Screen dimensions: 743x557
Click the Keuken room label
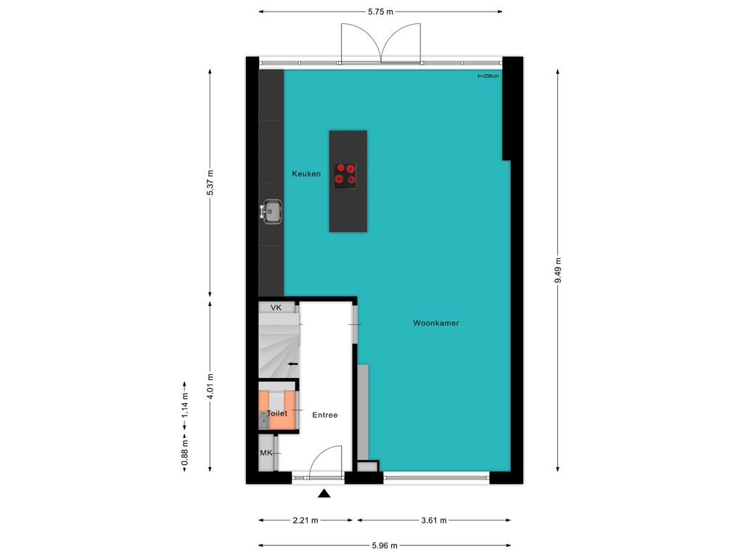tap(306, 174)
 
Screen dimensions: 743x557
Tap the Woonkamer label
tap(436, 323)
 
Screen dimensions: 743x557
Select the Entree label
tap(325, 415)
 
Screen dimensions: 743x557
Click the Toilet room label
tap(277, 413)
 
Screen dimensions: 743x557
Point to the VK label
tap(276, 308)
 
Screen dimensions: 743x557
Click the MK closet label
tap(266, 453)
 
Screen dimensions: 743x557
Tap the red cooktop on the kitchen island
tap(345, 176)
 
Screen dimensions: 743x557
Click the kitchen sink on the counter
tap(271, 212)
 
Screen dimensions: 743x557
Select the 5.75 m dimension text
tap(380, 12)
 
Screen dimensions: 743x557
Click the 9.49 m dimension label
tap(558, 271)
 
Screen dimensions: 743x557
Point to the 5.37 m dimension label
tap(210, 182)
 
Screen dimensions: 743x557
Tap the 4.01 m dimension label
tap(210, 387)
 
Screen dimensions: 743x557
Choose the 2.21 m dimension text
tap(305, 521)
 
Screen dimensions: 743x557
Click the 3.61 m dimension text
tap(434, 521)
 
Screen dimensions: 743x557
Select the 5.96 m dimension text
tap(385, 545)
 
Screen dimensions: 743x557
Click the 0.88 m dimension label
tap(185, 453)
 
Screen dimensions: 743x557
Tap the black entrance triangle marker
tap(324, 494)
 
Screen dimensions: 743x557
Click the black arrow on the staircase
tap(293, 364)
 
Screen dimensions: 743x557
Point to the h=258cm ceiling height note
tap(488, 75)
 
